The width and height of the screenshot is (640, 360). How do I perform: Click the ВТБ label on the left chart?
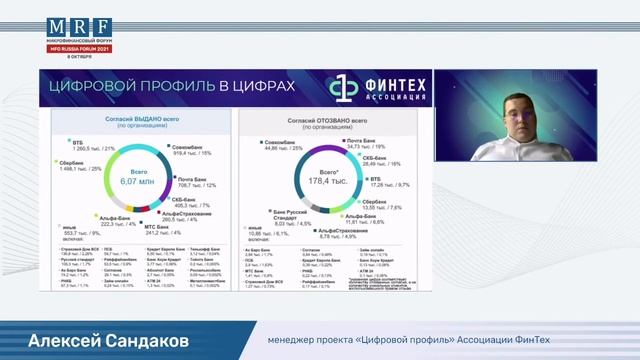click(65, 142)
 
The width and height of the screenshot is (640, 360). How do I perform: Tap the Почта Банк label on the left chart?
click(198, 179)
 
